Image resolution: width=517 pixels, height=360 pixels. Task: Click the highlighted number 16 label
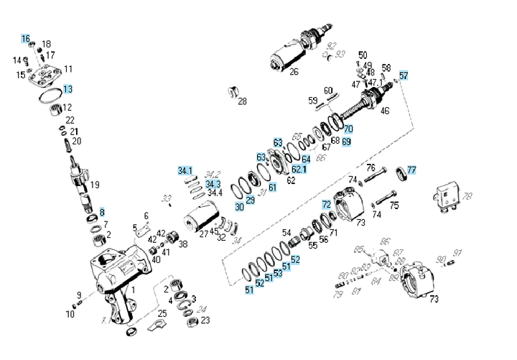[x=26, y=38]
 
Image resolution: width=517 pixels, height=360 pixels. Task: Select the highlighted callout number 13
[x=67, y=90]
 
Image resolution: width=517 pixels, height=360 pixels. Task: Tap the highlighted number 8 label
[x=102, y=213]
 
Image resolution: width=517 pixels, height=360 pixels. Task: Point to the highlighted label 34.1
[x=185, y=171]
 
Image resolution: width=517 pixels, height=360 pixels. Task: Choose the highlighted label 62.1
[x=299, y=169]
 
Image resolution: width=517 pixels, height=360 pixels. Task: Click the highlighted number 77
[x=411, y=170]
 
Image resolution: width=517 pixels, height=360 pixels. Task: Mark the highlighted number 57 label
[x=404, y=75]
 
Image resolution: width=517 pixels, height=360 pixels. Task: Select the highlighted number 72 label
[x=326, y=205]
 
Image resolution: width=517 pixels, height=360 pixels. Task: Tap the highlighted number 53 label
[x=277, y=273]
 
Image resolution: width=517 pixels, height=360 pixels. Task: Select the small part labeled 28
[x=233, y=91]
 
